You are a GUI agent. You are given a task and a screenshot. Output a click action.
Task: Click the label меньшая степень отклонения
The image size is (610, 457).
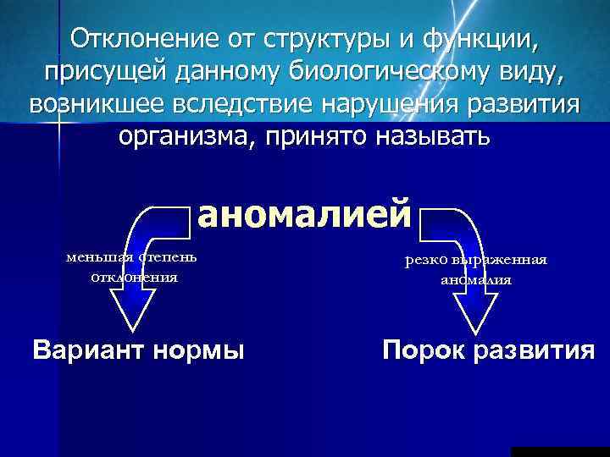134,266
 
